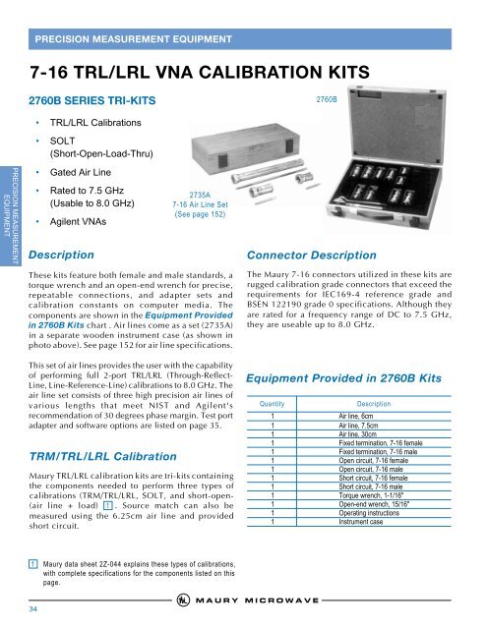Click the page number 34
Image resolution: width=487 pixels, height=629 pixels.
click(33, 607)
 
